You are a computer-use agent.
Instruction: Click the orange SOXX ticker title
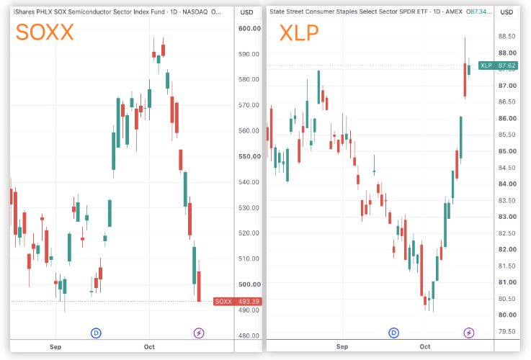45,32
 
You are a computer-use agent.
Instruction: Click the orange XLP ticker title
299,33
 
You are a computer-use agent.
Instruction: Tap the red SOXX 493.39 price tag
237,302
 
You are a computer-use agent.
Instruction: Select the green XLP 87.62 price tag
498,66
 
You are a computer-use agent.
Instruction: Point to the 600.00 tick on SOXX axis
249,29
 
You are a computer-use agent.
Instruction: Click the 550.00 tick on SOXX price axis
249,157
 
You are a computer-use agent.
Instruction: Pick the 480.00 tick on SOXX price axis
249,336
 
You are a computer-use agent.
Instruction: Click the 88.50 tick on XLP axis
507,37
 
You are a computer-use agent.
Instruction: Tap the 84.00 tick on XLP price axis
507,184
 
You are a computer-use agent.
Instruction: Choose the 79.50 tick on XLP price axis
507,332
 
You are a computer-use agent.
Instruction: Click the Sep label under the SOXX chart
55,347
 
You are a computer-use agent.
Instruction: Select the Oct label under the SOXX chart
149,347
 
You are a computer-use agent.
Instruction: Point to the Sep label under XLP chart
342,346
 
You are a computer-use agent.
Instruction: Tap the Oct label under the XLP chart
425,346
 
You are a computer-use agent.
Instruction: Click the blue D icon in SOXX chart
96,333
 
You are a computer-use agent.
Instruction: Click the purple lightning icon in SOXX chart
199,333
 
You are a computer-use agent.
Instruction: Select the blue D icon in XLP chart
393,333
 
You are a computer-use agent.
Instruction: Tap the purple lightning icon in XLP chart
469,333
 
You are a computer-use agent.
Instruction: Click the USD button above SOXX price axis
246,12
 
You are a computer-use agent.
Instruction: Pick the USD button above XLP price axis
507,12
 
